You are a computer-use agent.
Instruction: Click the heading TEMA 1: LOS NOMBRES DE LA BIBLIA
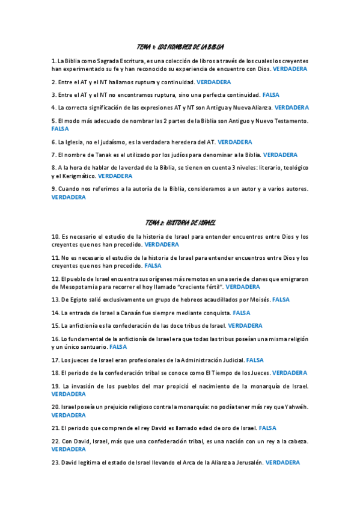(x=180, y=47)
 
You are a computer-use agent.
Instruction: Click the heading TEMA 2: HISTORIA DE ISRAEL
(x=180, y=223)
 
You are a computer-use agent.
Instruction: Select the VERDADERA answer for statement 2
(x=213, y=82)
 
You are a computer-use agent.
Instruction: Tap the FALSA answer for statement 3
(x=271, y=95)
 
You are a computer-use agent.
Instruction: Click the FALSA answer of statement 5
(x=60, y=129)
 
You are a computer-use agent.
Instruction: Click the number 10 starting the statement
(x=55, y=236)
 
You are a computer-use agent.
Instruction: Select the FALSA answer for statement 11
(x=153, y=265)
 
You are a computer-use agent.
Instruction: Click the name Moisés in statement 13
(x=257, y=300)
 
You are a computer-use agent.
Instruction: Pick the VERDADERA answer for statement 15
(x=245, y=325)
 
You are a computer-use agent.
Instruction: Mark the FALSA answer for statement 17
(x=255, y=360)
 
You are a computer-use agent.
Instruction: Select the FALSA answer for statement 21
(x=267, y=428)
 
